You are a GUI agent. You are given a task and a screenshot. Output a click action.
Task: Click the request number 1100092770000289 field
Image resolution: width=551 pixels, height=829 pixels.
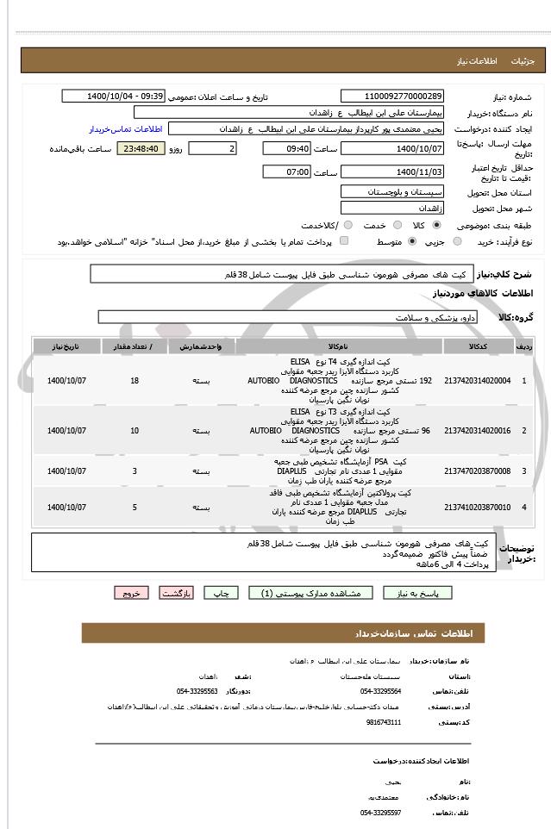pyautogui.click(x=392, y=97)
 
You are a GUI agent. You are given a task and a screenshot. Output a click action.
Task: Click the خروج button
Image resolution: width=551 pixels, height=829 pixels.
pyautogui.click(x=131, y=593)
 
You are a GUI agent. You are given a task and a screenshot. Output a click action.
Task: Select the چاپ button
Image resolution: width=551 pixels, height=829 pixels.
pyautogui.click(x=221, y=593)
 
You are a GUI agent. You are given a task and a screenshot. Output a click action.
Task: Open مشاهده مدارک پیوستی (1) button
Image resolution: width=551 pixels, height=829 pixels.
pyautogui.click(x=310, y=593)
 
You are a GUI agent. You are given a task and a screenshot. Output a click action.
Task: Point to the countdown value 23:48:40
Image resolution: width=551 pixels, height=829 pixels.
pyautogui.click(x=141, y=149)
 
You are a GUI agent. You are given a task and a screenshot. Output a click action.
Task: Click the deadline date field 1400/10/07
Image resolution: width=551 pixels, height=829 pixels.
pyautogui.click(x=392, y=149)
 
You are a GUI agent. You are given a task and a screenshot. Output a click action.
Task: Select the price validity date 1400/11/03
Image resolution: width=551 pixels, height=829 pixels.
pyautogui.click(x=392, y=172)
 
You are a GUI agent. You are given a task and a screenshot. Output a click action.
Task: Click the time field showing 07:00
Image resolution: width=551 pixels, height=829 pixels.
pyautogui.click(x=287, y=172)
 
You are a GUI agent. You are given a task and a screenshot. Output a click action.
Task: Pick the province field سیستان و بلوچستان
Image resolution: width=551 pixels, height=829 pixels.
pyautogui.click(x=392, y=190)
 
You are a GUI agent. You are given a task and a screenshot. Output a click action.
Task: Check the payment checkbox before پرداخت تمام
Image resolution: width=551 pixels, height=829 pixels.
pyautogui.click(x=346, y=242)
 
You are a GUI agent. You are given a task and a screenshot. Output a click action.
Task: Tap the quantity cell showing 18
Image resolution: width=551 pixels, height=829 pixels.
pyautogui.click(x=135, y=380)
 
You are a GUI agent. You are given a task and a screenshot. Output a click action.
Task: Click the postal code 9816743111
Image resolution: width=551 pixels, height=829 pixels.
pyautogui.click(x=380, y=721)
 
